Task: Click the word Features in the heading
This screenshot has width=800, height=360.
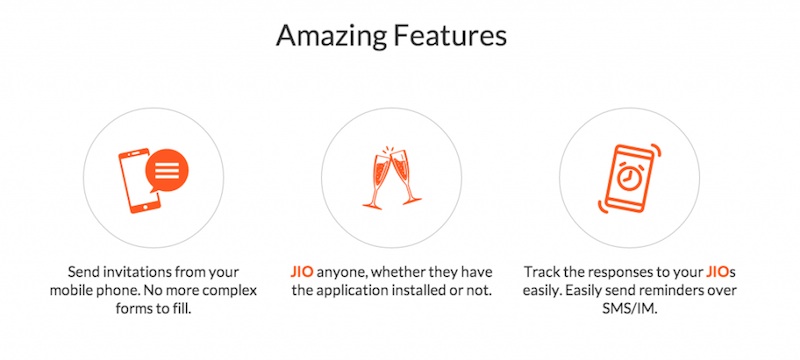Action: pyautogui.click(x=450, y=38)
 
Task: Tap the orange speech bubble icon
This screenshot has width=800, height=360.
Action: pyautogui.click(x=167, y=172)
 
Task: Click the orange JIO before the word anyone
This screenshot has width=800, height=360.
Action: pyautogui.click(x=301, y=271)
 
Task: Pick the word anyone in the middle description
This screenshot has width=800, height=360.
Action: pyautogui.click(x=346, y=271)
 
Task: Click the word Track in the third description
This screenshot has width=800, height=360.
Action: pyautogui.click(x=543, y=271)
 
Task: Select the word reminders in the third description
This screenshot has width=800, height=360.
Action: pyautogui.click(x=688, y=291)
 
